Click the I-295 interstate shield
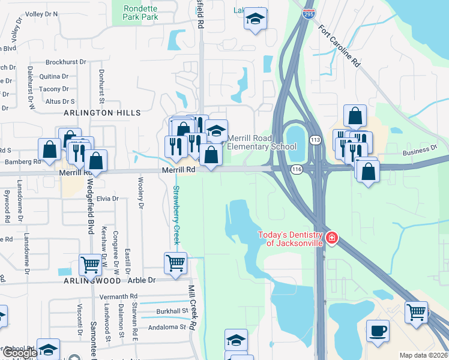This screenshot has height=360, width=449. [309, 14]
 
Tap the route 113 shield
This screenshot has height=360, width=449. [315, 140]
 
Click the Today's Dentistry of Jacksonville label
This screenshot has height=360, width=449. [291, 239]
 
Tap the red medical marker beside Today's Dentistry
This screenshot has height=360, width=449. [331, 239]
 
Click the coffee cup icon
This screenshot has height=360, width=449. [378, 332]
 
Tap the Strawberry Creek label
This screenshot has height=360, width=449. [176, 214]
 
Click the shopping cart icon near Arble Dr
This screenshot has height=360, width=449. [175, 263]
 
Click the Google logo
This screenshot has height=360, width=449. [20, 353]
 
